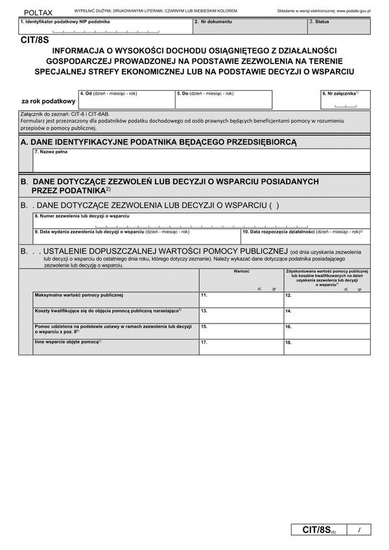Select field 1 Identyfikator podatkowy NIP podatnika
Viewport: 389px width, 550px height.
[106, 27]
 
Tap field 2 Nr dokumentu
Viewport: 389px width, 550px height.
[250, 27]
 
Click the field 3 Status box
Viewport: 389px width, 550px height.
[338, 27]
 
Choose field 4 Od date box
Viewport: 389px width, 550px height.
[126, 101]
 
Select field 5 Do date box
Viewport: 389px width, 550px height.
[223, 101]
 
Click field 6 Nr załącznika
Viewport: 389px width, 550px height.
[345, 100]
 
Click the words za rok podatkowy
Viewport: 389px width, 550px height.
[48, 101]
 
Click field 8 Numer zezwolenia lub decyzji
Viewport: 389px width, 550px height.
[201, 221]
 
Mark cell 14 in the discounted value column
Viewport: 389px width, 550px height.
[327, 315]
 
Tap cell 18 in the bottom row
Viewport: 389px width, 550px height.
[327, 346]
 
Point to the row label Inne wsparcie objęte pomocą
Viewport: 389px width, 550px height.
[69, 341]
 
